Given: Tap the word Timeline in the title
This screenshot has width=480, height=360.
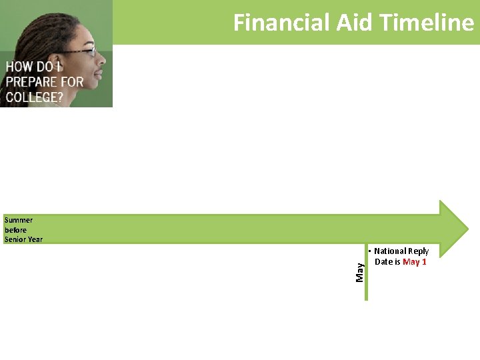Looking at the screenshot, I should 427,23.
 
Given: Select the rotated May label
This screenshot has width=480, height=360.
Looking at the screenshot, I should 360,271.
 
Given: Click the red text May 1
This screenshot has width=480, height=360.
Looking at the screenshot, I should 415,262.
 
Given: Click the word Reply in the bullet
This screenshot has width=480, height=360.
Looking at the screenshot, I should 418,251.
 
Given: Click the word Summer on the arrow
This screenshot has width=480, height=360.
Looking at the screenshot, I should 18,220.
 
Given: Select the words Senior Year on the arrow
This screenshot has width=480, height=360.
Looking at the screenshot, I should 23,239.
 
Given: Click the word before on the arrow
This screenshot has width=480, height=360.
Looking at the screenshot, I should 15,230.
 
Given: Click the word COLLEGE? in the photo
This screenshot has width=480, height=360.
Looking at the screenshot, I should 33,97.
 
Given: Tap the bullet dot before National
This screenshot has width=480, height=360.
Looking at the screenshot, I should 370,251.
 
